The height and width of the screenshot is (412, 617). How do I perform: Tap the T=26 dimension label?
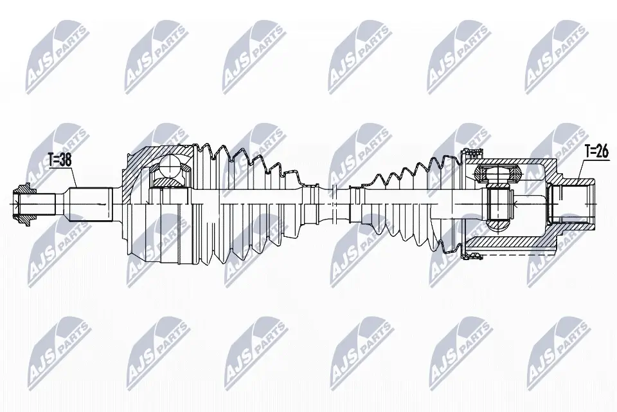pos(596,152)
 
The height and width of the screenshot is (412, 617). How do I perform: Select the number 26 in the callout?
pos(602,152)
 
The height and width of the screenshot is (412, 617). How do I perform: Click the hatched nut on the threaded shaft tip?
pos(25,205)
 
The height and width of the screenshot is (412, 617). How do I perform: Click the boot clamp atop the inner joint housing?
pos(472,153)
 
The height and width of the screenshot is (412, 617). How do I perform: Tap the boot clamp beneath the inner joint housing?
pos(472,256)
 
